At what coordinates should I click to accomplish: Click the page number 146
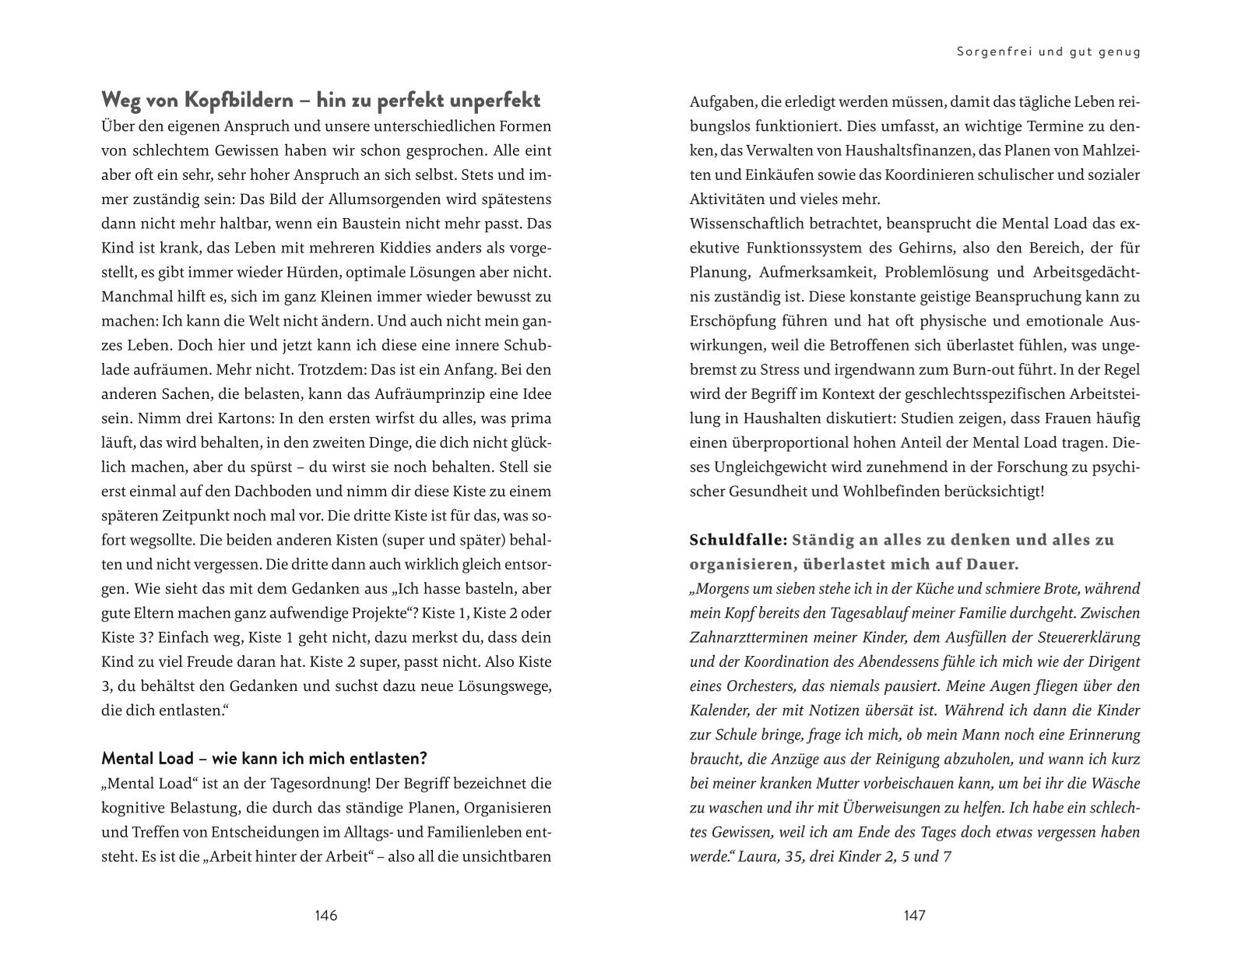click(325, 915)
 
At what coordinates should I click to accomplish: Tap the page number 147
click(914, 915)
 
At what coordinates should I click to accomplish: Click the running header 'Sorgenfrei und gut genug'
click(1048, 52)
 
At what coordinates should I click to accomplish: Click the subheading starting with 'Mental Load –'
click(265, 758)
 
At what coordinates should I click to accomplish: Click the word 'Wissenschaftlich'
click(751, 224)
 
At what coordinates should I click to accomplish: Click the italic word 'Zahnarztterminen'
click(748, 637)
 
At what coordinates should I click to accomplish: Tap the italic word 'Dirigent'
click(1111, 662)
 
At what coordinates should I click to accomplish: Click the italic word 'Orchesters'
click(770, 686)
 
